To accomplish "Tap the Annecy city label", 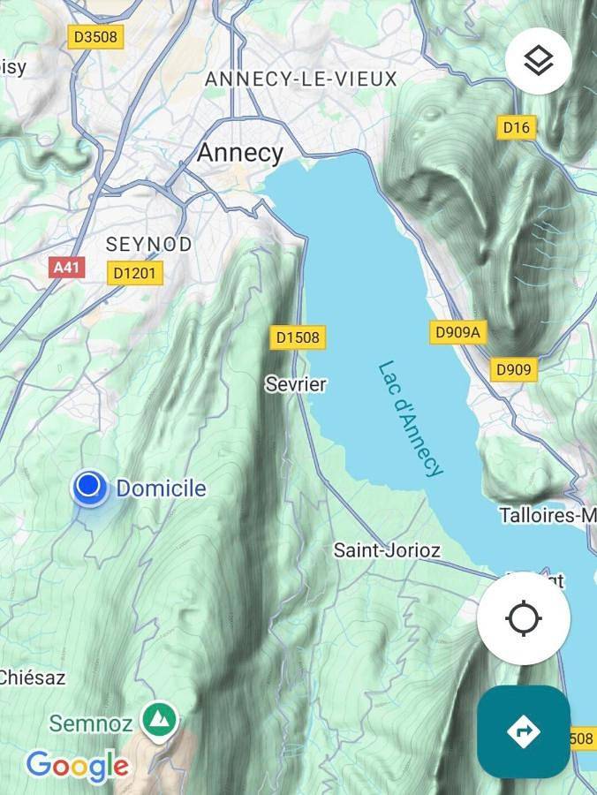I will [x=239, y=153].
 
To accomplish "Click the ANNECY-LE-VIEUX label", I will [x=301, y=79].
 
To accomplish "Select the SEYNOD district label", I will [x=148, y=244].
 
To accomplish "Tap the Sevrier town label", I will [x=296, y=384].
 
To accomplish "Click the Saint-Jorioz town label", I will [x=386, y=550].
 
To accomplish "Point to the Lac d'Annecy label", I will [x=410, y=418].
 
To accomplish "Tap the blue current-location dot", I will [x=89, y=487].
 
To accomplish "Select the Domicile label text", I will [x=161, y=488].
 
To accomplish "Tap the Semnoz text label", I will [x=90, y=724].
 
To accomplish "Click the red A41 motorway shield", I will [x=67, y=267].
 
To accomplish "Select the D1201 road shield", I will [x=135, y=273].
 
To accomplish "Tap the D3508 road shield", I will [x=95, y=36].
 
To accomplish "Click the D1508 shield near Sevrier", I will [x=297, y=337].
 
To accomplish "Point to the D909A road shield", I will [x=457, y=332].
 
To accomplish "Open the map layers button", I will [x=538, y=61].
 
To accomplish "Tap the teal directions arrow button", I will [x=523, y=731].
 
